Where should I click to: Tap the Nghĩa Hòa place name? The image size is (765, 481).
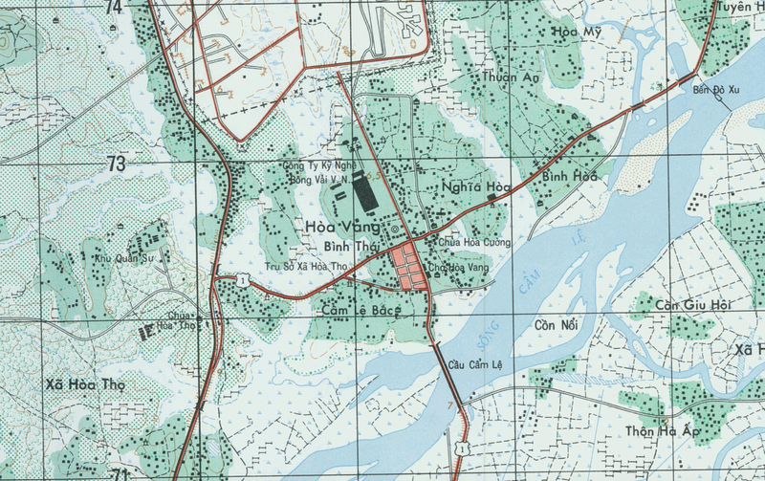472,188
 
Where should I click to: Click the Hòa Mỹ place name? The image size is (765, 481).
577,32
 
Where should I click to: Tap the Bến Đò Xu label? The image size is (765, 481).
716,92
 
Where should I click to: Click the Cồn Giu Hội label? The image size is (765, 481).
693,305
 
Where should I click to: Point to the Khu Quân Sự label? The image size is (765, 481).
122,257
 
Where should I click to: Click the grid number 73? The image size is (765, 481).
116,164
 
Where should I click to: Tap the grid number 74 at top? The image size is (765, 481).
114,8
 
